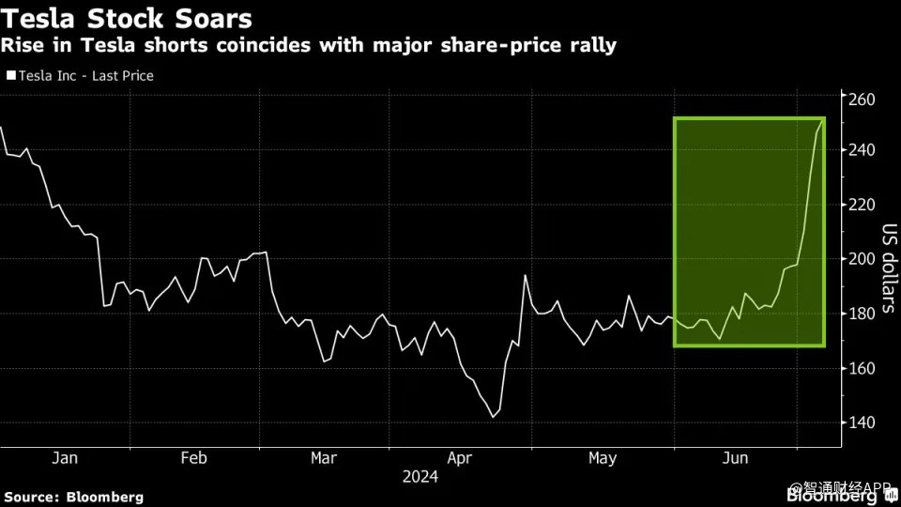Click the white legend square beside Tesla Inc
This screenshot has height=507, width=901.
(10, 76)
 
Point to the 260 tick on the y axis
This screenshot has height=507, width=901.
(862, 100)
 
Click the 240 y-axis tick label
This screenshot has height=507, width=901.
(862, 150)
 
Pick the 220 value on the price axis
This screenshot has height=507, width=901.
(862, 205)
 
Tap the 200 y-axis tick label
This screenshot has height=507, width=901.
(862, 259)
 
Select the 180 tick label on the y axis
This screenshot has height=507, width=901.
(862, 314)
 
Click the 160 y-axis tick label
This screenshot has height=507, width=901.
(862, 368)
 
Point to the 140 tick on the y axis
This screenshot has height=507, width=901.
(862, 422)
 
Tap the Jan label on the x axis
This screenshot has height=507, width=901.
(65, 458)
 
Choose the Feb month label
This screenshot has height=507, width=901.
(193, 458)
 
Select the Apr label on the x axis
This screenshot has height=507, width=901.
(459, 458)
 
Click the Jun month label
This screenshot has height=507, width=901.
(736, 458)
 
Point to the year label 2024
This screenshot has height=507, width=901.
(420, 477)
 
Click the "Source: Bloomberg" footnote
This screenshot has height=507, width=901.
(74, 497)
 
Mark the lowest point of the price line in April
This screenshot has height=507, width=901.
(493, 417)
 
